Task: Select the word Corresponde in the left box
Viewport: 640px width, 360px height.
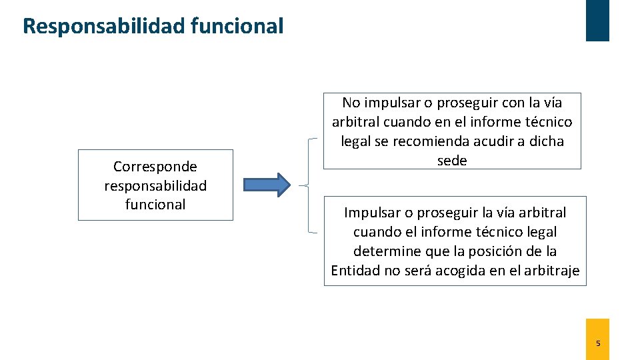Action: pyautogui.click(x=155, y=166)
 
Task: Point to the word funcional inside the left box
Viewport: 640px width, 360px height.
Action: pyautogui.click(x=155, y=204)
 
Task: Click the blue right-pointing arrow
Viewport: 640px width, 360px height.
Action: pyautogui.click(x=266, y=185)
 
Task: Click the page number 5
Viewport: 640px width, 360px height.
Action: pyautogui.click(x=597, y=343)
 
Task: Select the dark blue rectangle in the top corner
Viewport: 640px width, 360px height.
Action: pyautogui.click(x=597, y=20)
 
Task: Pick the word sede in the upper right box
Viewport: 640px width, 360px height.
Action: pyautogui.click(x=452, y=160)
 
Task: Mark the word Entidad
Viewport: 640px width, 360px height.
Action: pyautogui.click(x=355, y=270)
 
